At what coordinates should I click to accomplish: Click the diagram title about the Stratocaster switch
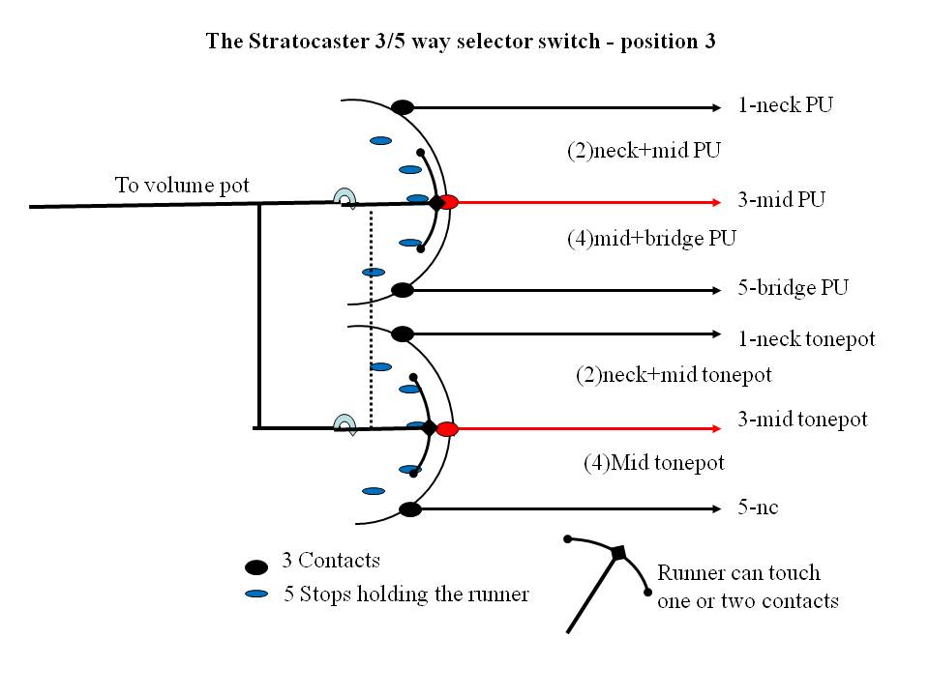coord(460,43)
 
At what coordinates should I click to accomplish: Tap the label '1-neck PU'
coord(785,104)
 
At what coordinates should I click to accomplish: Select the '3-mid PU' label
coord(781,201)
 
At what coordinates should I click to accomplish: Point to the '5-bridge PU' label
coord(792,288)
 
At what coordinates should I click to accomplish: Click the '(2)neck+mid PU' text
coord(644,150)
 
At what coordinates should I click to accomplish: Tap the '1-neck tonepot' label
coord(805,338)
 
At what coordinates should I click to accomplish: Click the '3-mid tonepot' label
coord(802,420)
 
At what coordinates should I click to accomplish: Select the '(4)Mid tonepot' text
coord(653,463)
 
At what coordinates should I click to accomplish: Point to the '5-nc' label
coord(758,507)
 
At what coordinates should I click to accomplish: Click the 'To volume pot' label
coord(183,184)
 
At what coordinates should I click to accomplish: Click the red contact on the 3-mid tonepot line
coord(446,429)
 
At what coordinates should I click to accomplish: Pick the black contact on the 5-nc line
coord(409,508)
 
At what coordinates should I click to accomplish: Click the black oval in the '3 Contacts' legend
coord(256,567)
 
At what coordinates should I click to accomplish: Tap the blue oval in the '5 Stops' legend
coord(256,594)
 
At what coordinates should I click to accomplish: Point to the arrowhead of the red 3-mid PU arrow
coord(716,202)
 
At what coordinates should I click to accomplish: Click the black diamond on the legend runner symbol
coord(618,553)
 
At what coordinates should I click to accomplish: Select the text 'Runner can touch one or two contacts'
coord(746,587)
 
